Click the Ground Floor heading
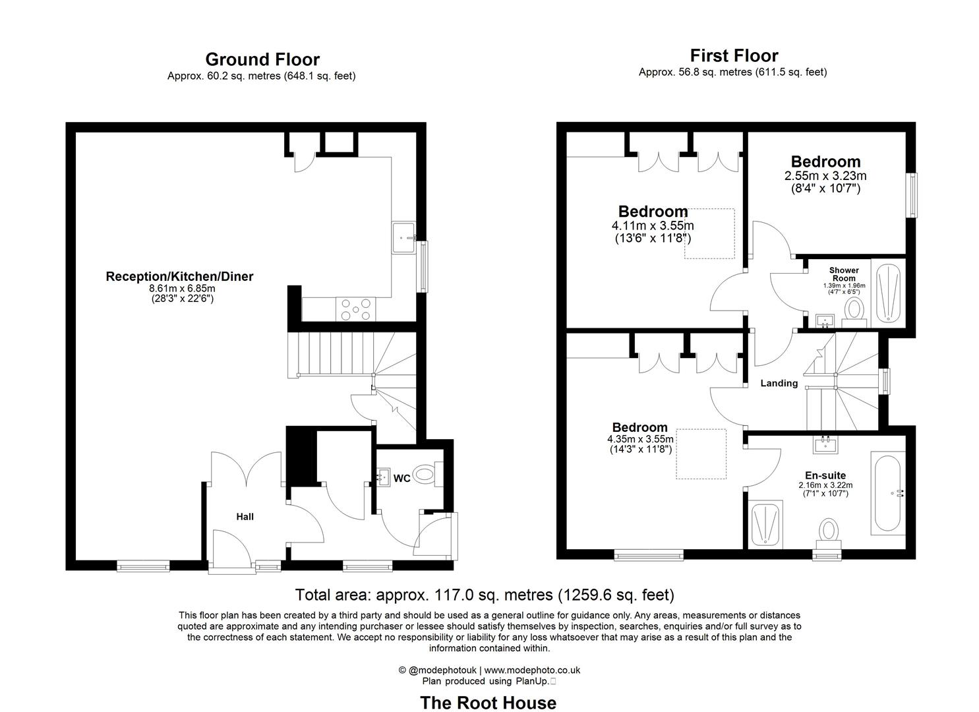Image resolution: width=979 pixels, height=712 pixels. click(262, 60)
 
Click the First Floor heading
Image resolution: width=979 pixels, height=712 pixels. click(734, 56)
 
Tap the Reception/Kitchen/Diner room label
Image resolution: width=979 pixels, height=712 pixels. click(179, 277)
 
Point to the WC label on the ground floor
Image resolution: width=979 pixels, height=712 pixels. click(402, 478)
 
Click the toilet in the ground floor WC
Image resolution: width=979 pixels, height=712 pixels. click(429, 473)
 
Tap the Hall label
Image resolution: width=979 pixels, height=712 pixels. click(245, 517)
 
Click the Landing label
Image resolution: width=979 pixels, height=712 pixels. click(779, 383)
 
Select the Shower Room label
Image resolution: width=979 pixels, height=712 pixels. click(844, 274)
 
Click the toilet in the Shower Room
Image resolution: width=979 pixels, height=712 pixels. click(855, 309)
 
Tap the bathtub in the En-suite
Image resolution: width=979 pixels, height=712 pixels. click(887, 493)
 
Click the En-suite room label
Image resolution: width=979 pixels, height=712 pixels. click(825, 475)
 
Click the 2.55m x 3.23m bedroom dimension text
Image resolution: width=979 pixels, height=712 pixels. click(825, 176)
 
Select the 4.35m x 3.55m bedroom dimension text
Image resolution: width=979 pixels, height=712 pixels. click(640, 440)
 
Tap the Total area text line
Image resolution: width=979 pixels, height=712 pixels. click(485, 595)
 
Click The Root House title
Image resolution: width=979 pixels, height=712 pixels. click(488, 703)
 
